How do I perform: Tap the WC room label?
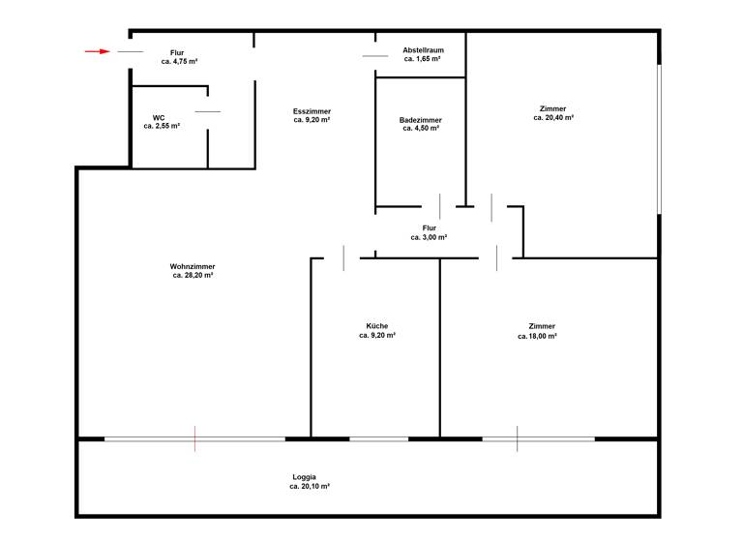159,118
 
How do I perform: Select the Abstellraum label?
423,50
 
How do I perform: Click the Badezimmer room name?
420,120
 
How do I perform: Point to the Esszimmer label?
312,112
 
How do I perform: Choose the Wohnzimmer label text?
193,266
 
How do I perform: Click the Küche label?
376,326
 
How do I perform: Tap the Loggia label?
305,477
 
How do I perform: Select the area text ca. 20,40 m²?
553,117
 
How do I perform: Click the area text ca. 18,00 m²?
542,336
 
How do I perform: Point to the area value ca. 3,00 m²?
429,237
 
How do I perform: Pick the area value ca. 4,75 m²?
179,61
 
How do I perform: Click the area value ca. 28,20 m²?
193,275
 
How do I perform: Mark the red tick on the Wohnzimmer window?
194,438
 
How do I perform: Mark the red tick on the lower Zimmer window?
518,438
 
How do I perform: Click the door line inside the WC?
208,112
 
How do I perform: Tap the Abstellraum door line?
375,56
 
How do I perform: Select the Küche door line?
343,258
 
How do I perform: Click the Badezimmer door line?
440,206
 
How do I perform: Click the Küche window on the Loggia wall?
378,439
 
